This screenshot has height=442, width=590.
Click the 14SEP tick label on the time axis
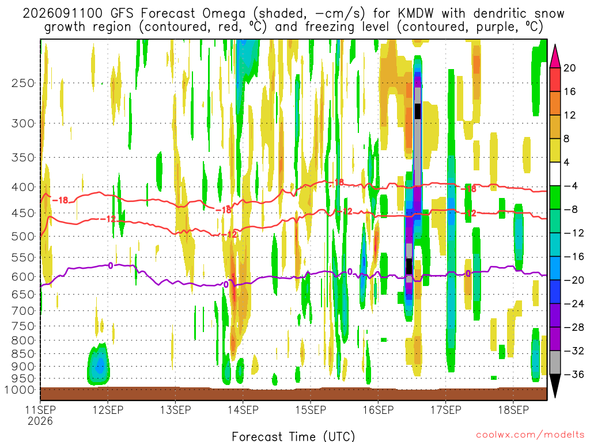click(243, 410)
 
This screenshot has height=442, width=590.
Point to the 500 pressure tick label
click(23, 237)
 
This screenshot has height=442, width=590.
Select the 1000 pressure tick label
click(19, 390)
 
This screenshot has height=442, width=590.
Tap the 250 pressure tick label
click(23, 83)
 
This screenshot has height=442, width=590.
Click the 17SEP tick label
click(446, 410)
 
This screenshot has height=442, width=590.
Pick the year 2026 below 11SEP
click(40, 421)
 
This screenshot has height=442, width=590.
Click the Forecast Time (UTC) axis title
click(293, 436)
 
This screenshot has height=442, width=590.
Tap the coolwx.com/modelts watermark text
click(530, 435)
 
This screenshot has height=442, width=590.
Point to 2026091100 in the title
click(62, 14)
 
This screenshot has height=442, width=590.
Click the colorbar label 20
click(569, 68)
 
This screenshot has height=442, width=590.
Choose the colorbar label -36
click(573, 374)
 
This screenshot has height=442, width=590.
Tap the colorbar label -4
click(570, 186)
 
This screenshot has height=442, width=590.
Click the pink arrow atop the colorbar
click(555, 56)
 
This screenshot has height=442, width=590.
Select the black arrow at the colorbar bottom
click(555, 386)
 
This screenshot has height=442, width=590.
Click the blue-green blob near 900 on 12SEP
click(99, 364)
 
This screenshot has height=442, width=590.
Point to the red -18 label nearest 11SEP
click(60, 200)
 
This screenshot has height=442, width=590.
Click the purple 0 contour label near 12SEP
click(111, 266)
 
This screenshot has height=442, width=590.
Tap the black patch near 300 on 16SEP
click(418, 111)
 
